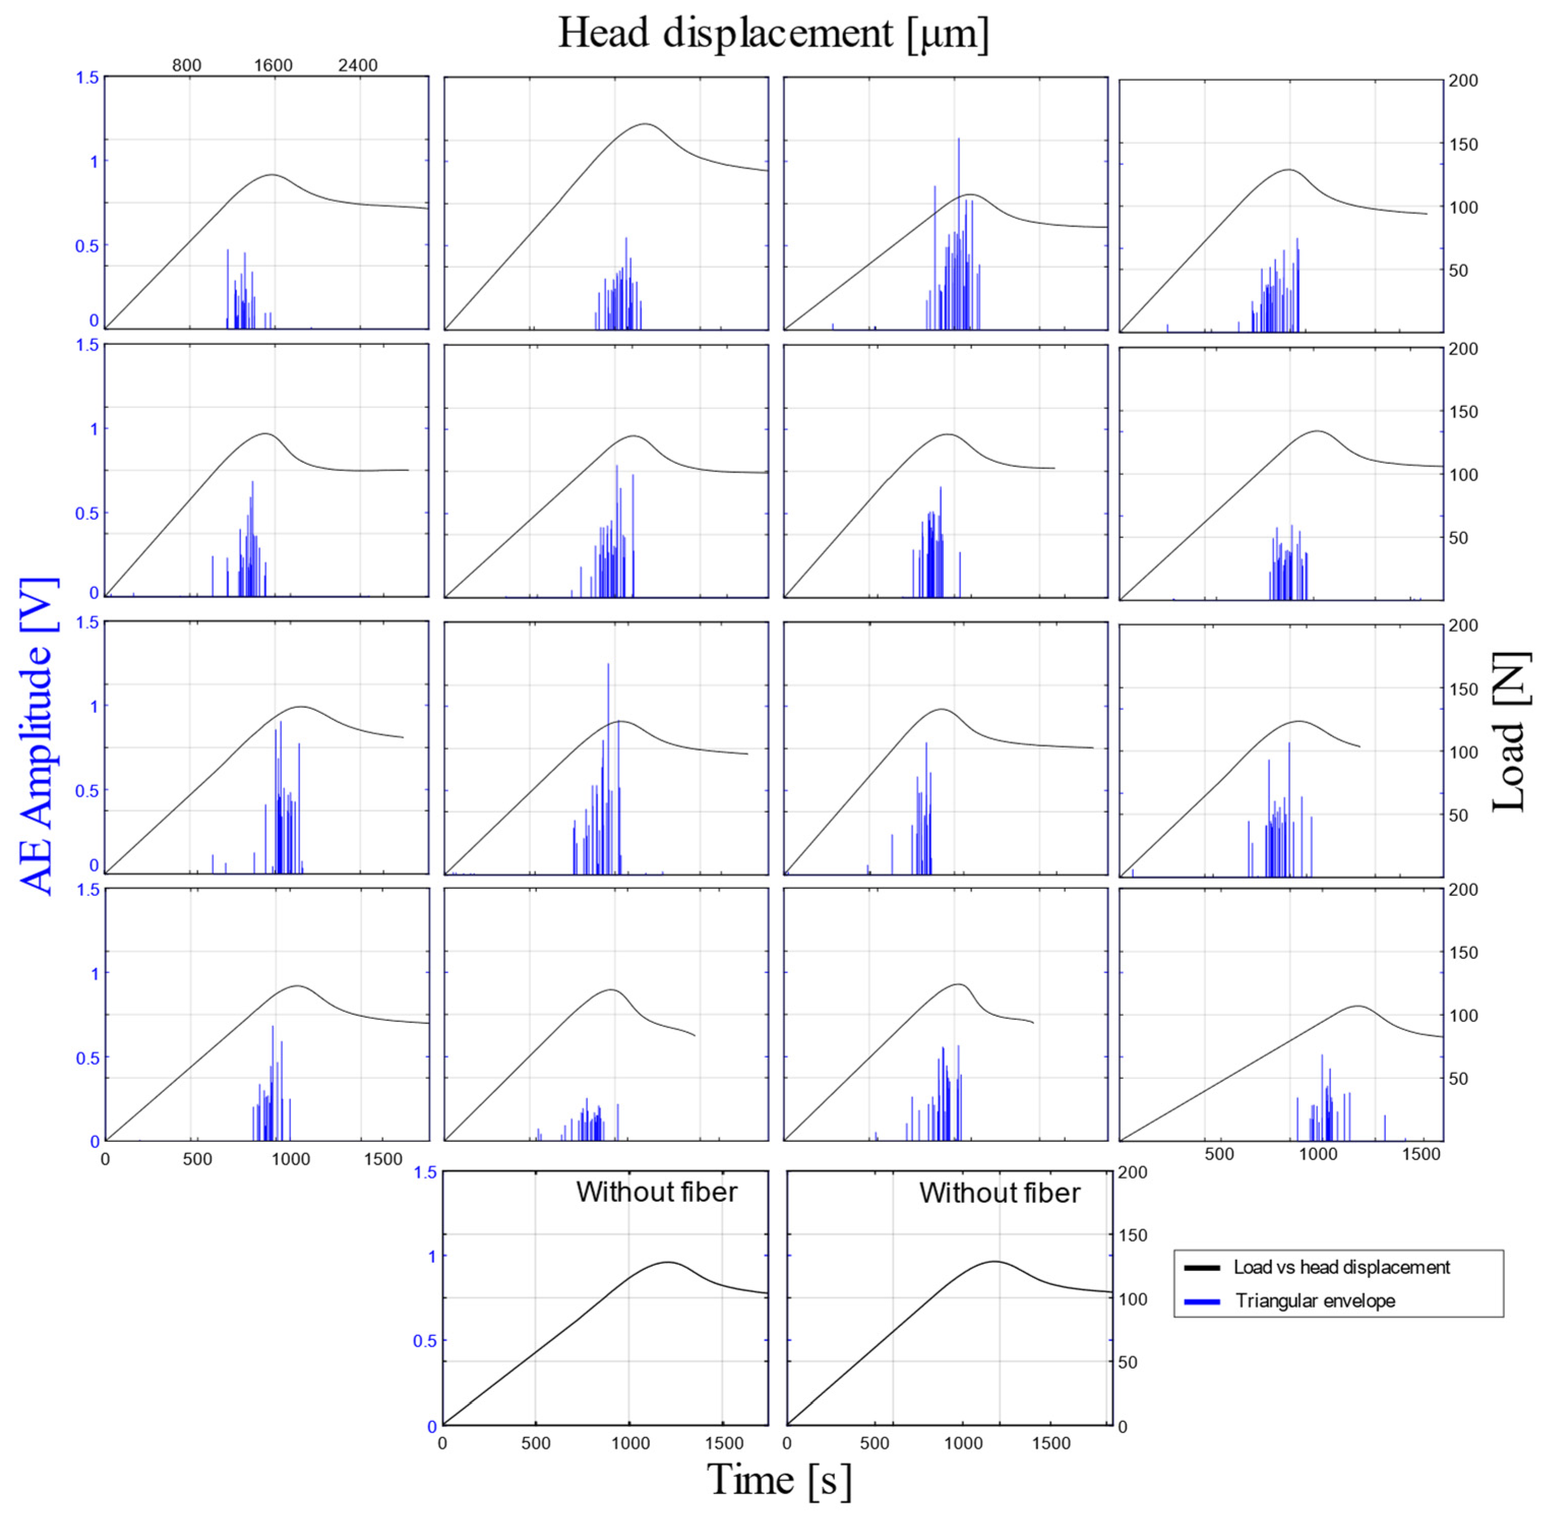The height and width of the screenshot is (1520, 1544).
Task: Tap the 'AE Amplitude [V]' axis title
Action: coord(36,735)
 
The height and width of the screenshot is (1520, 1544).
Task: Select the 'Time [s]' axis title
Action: coord(779,1479)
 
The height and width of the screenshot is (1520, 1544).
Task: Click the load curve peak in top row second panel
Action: coord(645,123)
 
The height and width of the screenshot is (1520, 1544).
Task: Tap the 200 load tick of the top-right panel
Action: coord(1462,81)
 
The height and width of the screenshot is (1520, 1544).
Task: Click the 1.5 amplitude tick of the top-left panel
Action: coord(88,77)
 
